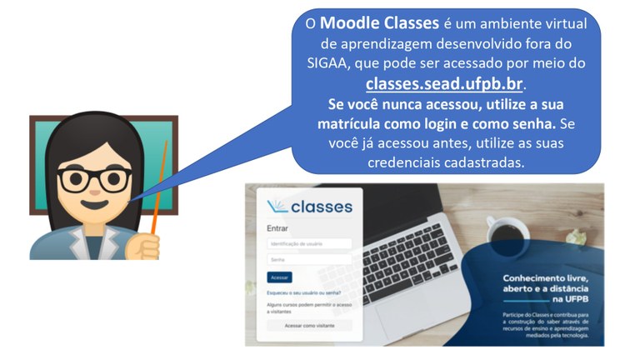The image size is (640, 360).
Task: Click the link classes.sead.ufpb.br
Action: pos(447,84)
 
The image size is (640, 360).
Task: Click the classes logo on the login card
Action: pos(308,207)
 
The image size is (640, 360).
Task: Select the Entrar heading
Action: pos(278,228)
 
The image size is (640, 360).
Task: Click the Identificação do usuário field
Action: pos(309,244)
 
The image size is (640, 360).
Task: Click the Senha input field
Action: pos(309,260)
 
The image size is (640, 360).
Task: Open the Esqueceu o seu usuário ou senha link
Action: pos(303,292)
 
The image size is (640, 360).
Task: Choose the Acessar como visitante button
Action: pos(309,326)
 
